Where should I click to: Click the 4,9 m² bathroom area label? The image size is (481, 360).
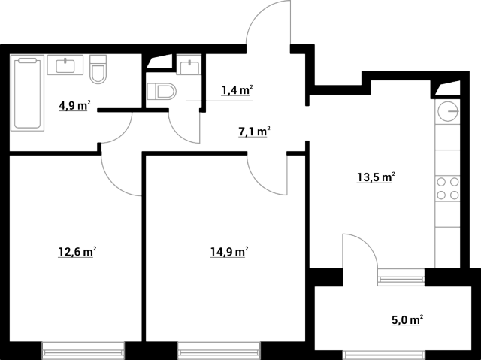click(74, 105)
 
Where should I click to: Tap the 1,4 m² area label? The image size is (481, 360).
click(237, 90)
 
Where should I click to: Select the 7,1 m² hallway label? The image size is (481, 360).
click(254, 132)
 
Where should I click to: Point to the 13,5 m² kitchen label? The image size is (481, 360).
click(376, 177)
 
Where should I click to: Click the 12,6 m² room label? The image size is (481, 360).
click(77, 252)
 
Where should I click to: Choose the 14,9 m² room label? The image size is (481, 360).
click(229, 252)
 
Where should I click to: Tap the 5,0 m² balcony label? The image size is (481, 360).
click(407, 320)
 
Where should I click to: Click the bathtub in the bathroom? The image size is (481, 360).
click(27, 93)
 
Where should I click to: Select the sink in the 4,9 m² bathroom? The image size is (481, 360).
click(65, 65)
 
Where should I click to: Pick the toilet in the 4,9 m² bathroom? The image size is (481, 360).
click(98, 69)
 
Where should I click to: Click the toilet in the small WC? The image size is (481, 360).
click(162, 92)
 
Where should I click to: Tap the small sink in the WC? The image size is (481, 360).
click(189, 65)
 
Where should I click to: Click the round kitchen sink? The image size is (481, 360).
click(448, 111)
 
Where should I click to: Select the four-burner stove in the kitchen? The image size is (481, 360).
click(448, 189)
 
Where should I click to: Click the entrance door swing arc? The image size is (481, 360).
click(268, 23)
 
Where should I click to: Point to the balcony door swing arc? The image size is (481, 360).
click(360, 251)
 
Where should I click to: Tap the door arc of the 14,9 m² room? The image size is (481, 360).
click(268, 175)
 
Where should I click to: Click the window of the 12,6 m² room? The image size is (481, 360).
click(83, 349)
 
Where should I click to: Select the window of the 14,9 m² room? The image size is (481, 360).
click(219, 349)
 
